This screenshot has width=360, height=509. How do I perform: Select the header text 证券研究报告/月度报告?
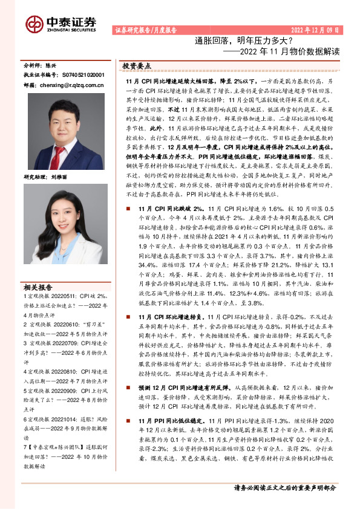click(x=145, y=30)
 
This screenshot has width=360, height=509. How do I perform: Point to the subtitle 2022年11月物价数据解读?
click(x=283, y=51)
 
